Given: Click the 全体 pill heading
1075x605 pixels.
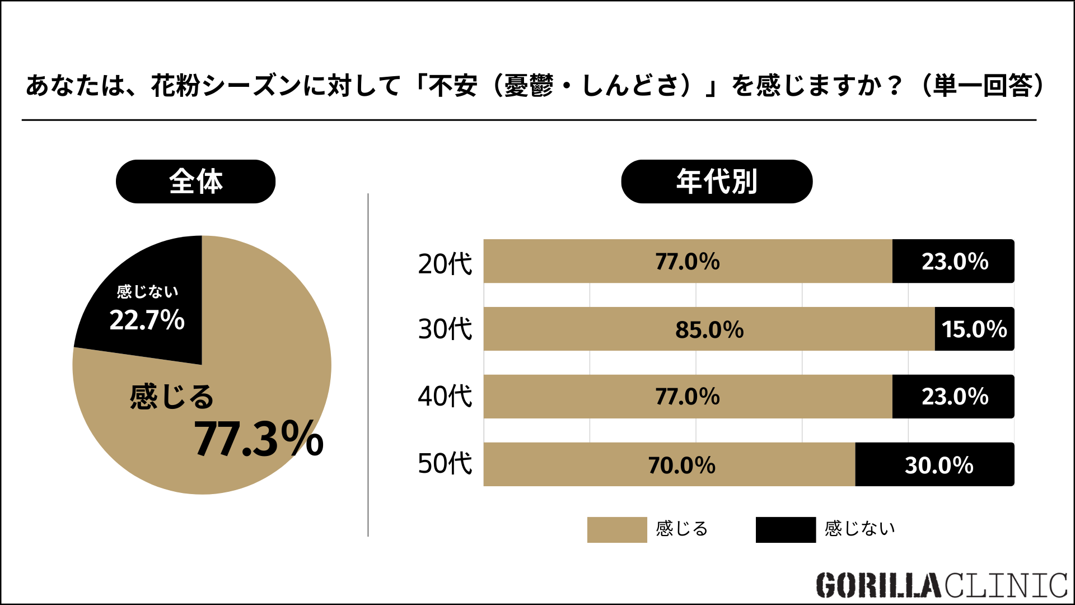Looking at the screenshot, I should (x=195, y=182).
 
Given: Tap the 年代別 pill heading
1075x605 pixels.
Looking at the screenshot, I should (x=716, y=182).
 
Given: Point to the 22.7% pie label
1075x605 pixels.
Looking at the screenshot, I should (x=147, y=320).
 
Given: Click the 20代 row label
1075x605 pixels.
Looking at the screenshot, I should (x=445, y=263).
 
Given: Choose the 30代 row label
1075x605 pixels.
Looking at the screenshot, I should (x=445, y=329).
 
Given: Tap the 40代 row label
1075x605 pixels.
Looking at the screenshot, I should (x=445, y=396).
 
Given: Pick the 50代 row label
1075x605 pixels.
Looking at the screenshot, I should (x=445, y=464).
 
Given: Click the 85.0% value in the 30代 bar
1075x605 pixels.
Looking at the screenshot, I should (x=709, y=329).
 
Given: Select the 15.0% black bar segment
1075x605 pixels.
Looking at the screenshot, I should (x=974, y=329).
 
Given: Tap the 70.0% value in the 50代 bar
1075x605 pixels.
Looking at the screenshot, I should (x=681, y=465).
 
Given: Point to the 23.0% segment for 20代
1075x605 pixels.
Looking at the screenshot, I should (x=955, y=262).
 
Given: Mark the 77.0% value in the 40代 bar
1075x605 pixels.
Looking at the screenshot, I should (x=688, y=397).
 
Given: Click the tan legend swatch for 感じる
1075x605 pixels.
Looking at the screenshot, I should (x=616, y=529).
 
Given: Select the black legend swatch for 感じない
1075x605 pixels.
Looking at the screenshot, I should (x=785, y=529).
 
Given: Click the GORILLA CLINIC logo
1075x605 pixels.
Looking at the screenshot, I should (x=941, y=585).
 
